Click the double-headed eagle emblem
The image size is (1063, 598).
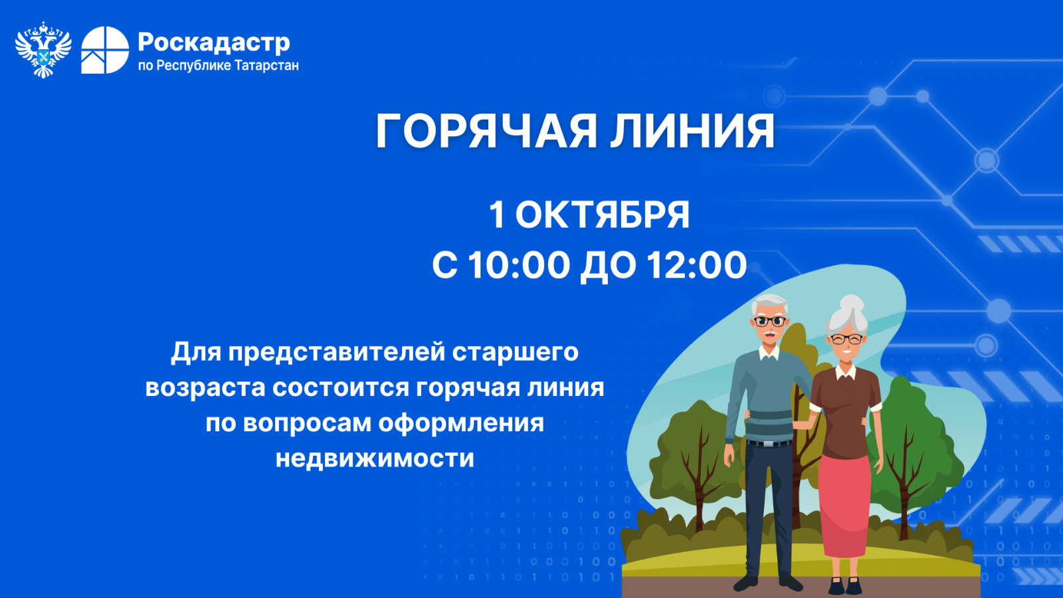tap(43, 50)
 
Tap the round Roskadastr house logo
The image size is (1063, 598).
tap(105, 50)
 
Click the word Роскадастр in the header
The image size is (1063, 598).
tap(213, 43)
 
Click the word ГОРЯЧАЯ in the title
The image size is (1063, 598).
tap(486, 131)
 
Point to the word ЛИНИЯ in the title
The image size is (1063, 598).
tap(692, 131)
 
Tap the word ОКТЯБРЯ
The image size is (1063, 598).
tap(602, 215)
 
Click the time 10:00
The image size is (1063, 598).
tap(519, 265)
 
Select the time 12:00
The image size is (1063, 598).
tap(697, 265)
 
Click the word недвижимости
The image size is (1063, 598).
tap(375, 458)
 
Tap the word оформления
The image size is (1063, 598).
tap(461, 423)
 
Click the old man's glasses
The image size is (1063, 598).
tap(769, 322)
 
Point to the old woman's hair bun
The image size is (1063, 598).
tap(852, 304)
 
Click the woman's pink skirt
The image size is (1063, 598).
tap(844, 506)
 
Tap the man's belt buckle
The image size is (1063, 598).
tap(768, 445)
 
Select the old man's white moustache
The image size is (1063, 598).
tap(770, 334)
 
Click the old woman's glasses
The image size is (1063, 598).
tap(846, 340)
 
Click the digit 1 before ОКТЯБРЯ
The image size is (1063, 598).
tap(496, 215)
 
